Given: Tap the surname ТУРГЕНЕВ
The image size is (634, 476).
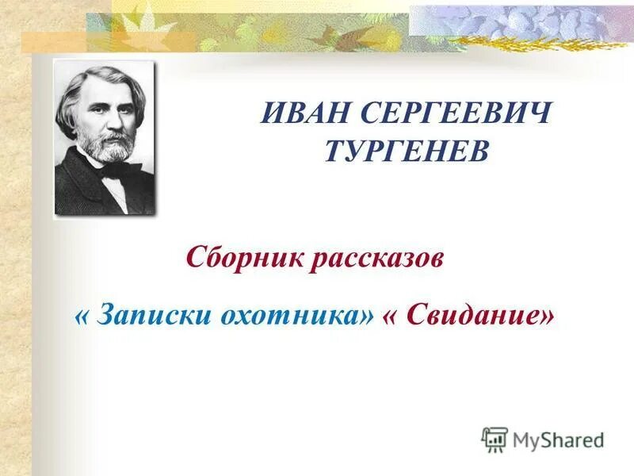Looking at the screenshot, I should pyautogui.click(x=407, y=150).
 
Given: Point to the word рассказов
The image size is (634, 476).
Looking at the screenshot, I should pyautogui.click(x=376, y=259).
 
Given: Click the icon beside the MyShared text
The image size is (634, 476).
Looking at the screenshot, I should pyautogui.click(x=495, y=438).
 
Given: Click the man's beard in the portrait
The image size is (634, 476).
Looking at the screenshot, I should pyautogui.click(x=109, y=148).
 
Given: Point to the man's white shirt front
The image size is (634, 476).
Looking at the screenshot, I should pyautogui.click(x=117, y=190).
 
